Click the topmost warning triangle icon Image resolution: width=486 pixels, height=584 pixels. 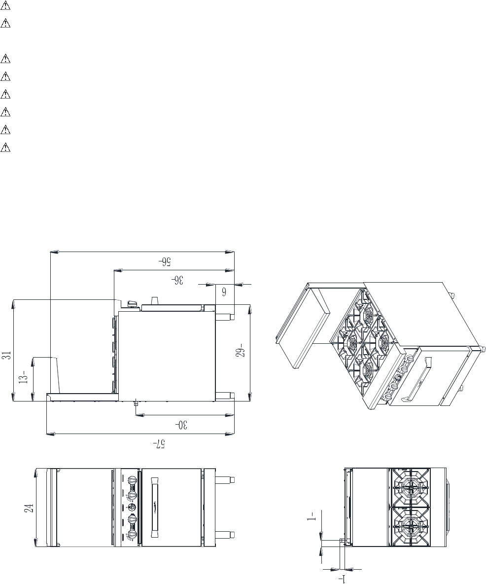point(5,6)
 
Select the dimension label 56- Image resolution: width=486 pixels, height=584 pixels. point(164,261)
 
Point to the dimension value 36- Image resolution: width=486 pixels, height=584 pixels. point(177,280)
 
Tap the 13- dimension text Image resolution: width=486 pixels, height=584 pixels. point(24,377)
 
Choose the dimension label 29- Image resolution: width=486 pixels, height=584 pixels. point(241,351)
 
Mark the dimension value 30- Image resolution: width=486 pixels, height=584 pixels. point(181,425)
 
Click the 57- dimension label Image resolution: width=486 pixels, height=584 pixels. point(160,444)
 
